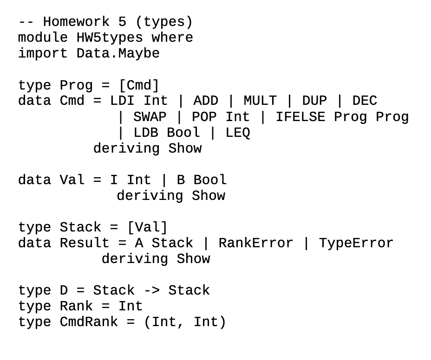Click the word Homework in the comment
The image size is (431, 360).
(x=76, y=22)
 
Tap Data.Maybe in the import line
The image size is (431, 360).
(x=118, y=53)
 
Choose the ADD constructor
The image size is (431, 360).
(x=206, y=101)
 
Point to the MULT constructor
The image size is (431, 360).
(x=260, y=101)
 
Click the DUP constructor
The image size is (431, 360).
(x=314, y=101)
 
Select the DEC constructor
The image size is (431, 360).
(x=365, y=101)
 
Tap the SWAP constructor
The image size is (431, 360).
(x=150, y=117)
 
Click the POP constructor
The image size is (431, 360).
(x=204, y=117)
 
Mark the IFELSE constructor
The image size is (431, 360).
(x=300, y=117)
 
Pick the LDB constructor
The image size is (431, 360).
(x=145, y=133)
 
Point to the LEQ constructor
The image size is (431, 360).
(x=237, y=133)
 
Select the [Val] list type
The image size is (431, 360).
(x=147, y=227)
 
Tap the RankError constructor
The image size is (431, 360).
(x=256, y=243)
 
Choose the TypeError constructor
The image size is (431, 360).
(x=356, y=243)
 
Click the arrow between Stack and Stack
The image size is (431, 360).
(x=151, y=291)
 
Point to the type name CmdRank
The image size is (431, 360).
(x=89, y=322)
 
